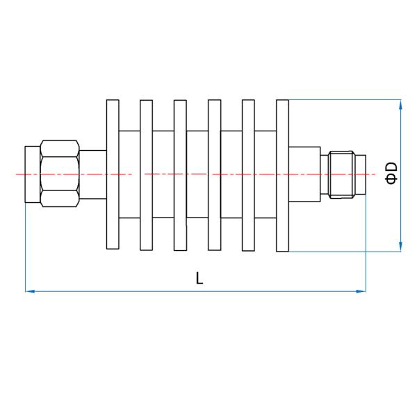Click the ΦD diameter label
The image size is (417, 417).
(x=391, y=173)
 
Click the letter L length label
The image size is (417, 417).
(x=199, y=278)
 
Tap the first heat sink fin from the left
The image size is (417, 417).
(x=113, y=174)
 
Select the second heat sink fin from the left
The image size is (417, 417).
(x=146, y=175)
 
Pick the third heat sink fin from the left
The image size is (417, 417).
(x=180, y=175)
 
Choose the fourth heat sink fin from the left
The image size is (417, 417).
(x=214, y=175)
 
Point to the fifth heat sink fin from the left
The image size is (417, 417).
(x=248, y=175)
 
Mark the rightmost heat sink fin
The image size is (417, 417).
(x=283, y=175)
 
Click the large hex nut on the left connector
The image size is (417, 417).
(x=60, y=173)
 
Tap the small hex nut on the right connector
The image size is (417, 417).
(x=342, y=174)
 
